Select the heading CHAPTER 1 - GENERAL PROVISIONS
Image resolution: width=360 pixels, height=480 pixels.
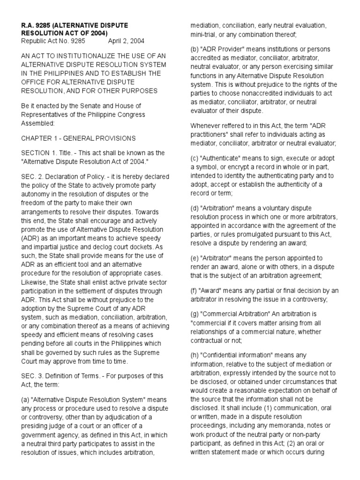point(79,138)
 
